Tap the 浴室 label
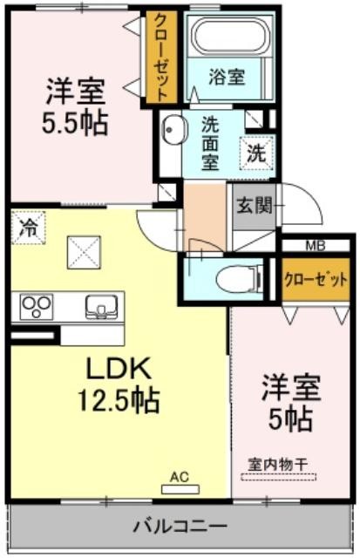click(x=227, y=76)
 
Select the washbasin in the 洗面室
click(x=174, y=130)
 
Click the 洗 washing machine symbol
click(x=256, y=153)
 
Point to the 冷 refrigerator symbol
click(x=29, y=228)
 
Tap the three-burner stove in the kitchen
click(x=36, y=306)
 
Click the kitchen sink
click(x=101, y=307)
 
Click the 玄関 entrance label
click(x=255, y=206)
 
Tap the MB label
click(x=316, y=246)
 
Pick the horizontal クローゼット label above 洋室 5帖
click(x=316, y=280)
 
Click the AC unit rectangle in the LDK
click(x=180, y=489)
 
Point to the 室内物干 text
click(x=278, y=465)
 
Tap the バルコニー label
click(x=180, y=526)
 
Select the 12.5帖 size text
click(x=119, y=400)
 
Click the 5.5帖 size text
click(x=75, y=122)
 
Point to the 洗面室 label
click(x=210, y=143)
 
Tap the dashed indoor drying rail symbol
click(x=278, y=477)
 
